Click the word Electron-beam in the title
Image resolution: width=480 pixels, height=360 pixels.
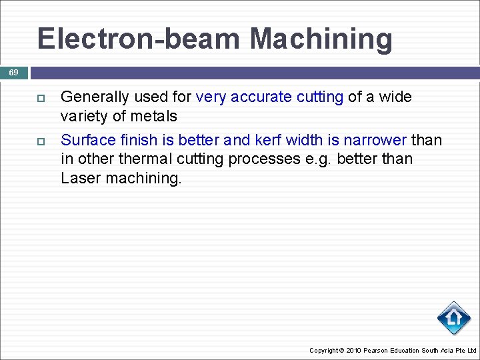click(140, 39)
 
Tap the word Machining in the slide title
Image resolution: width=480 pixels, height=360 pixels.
click(321, 39)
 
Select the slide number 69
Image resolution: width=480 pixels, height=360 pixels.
click(14, 72)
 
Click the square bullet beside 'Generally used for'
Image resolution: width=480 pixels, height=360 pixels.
click(41, 98)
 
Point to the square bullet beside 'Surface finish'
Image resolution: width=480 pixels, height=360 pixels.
click(41, 141)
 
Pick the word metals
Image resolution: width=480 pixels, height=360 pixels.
click(155, 117)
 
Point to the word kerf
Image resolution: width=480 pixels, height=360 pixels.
click(268, 140)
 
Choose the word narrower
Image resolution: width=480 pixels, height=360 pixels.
click(375, 140)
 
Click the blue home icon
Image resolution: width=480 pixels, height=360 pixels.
click(454, 318)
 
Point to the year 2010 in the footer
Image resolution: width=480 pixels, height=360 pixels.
click(354, 351)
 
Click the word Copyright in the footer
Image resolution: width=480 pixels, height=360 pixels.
click(323, 351)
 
